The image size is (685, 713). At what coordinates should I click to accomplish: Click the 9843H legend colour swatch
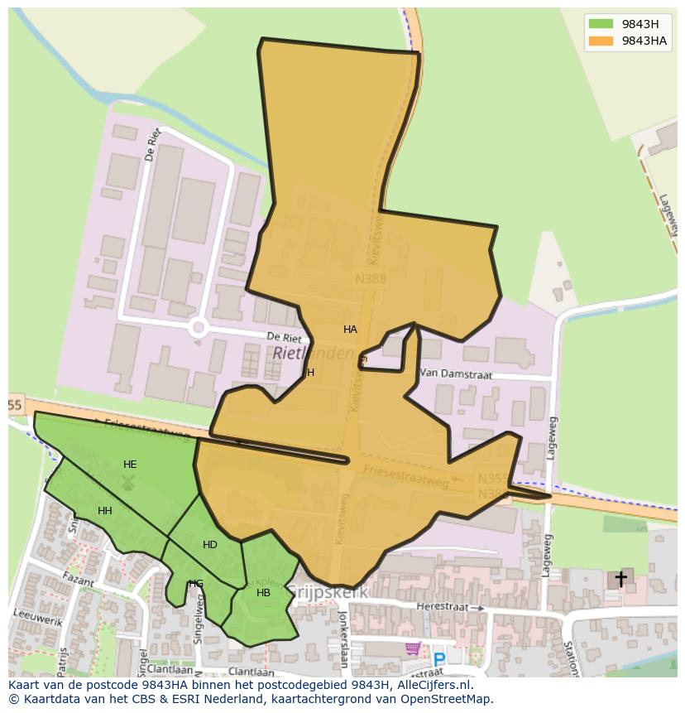click(601, 24)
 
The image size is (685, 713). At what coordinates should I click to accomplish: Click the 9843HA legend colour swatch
click(601, 41)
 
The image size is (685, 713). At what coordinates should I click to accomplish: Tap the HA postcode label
click(350, 330)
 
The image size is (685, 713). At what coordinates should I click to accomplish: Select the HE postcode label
click(130, 465)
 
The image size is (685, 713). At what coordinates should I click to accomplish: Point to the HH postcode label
click(105, 511)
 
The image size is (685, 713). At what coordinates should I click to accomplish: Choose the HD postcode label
click(210, 545)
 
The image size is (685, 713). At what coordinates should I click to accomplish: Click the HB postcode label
click(263, 593)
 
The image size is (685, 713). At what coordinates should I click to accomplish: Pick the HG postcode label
click(196, 584)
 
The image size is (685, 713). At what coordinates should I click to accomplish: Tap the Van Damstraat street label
click(456, 374)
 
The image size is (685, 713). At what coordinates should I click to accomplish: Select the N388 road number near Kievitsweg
click(371, 279)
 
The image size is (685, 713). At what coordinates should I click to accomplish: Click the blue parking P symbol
click(439, 660)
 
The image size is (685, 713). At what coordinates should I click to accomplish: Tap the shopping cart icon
click(413, 648)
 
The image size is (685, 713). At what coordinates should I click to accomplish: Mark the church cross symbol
click(620, 579)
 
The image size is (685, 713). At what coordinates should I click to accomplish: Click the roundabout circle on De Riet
click(198, 327)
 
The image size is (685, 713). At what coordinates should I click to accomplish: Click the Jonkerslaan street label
click(342, 639)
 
